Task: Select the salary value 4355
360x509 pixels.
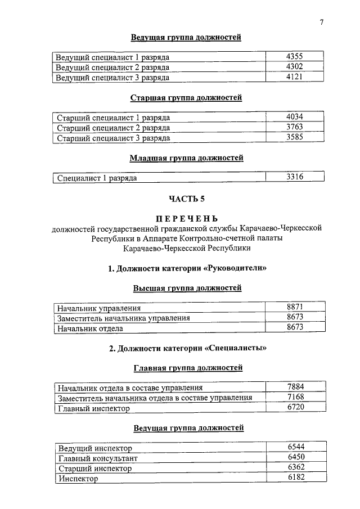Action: coord(295,56)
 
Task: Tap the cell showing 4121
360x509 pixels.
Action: coord(295,76)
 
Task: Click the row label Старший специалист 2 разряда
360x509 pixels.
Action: coord(114,128)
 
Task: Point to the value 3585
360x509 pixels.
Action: coord(295,137)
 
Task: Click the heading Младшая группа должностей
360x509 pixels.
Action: coord(186,158)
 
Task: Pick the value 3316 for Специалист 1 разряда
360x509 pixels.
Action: coord(295,177)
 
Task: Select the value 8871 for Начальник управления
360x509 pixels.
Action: coord(295,307)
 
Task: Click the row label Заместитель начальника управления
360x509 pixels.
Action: coord(124,318)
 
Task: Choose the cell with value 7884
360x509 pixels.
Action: coord(295,387)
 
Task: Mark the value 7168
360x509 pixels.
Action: coord(295,398)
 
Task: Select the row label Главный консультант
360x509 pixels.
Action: coord(98,458)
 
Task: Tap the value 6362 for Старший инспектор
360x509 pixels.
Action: coord(296,467)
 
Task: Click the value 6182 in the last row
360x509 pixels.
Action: coord(296,478)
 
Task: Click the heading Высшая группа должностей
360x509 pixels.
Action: coord(187,288)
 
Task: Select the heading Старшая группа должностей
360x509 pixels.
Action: coord(186,97)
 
